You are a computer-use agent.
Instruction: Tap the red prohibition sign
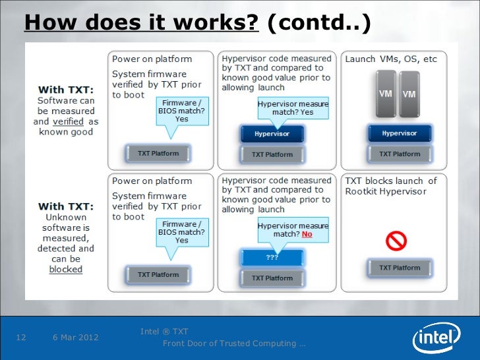(396, 241)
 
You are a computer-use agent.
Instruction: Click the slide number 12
(20, 338)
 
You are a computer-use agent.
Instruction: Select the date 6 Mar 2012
(75, 338)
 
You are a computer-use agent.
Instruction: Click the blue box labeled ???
(272, 257)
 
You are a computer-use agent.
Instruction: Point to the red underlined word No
(307, 234)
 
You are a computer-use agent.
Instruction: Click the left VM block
(386, 94)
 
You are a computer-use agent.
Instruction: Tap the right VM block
(409, 94)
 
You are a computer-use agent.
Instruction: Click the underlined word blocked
(65, 269)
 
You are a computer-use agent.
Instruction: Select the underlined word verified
(67, 121)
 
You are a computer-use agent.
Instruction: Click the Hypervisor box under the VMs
(399, 133)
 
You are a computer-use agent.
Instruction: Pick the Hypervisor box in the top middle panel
(272, 134)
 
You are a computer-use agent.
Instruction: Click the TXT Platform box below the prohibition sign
(399, 268)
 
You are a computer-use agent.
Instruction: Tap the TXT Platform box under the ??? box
(272, 278)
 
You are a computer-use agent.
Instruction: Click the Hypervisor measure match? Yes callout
(292, 108)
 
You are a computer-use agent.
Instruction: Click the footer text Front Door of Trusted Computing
(233, 344)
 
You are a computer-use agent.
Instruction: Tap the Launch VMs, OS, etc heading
(391, 59)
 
